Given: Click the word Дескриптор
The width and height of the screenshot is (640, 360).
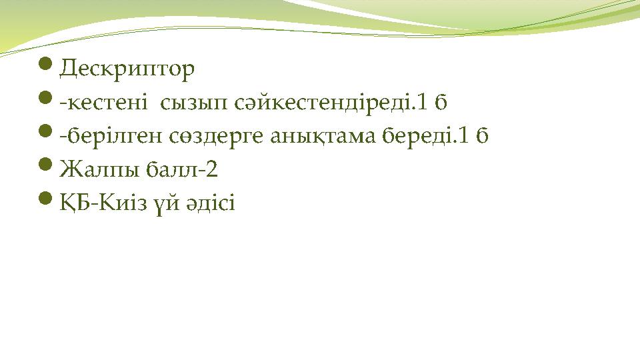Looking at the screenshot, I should [127, 69].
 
